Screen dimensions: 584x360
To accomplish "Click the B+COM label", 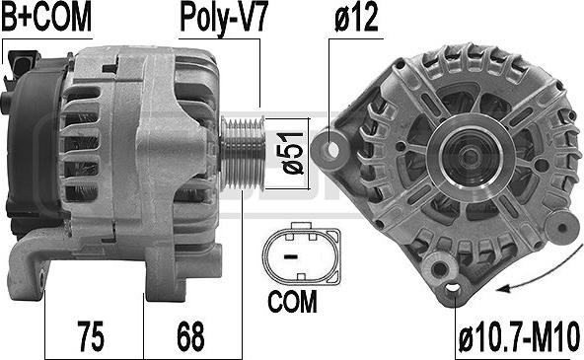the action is pos(46,17).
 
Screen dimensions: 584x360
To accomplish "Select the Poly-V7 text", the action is pos(224,18).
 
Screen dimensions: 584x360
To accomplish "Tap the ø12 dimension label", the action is pos(356,17).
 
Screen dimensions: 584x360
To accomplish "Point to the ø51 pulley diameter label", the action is pos(294,153).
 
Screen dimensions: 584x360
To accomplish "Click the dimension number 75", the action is pos(91,335).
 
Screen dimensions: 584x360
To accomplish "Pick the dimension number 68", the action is pos(190,335).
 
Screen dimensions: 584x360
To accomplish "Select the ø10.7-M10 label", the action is pos(519,336).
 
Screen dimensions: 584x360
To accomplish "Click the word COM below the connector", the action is pos(292,302).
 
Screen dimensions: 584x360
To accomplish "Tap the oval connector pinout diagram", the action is pos(301,253).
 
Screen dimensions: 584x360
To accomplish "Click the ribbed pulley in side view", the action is pos(243,154).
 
